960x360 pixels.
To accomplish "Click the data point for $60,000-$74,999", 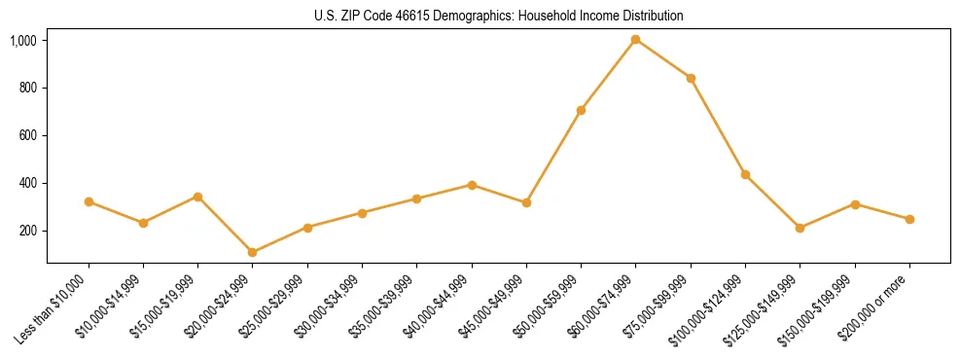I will tap(635, 40).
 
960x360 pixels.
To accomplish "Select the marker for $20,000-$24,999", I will tap(253, 252).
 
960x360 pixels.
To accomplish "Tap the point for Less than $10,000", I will tap(89, 201).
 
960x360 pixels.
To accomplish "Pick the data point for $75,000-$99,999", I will tap(691, 78).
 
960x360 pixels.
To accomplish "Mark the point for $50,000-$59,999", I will tap(581, 110).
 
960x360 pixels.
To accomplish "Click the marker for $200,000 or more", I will tap(909, 219).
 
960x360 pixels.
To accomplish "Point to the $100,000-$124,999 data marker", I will tap(745, 174).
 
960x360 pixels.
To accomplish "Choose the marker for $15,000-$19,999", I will tap(197, 197).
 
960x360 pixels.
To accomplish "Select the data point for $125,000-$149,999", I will tap(800, 228).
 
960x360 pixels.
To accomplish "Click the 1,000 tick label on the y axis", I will tap(23, 41).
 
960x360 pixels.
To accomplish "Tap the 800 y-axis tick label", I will tap(28, 89).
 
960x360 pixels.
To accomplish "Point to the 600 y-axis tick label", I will tap(28, 136).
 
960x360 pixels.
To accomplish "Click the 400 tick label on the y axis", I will tap(28, 184).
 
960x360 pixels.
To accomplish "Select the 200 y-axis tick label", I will tap(28, 232).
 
